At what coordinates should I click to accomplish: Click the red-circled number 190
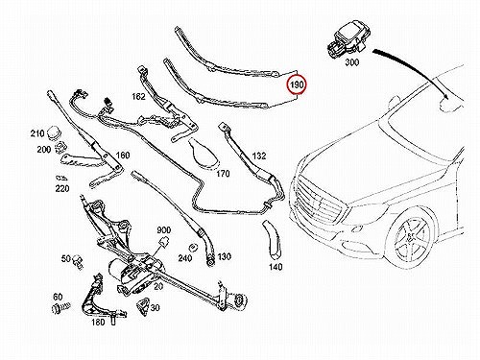tap(297, 84)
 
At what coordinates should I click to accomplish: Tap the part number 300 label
tap(351, 62)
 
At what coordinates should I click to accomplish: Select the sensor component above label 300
tap(347, 41)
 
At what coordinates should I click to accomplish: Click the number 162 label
tap(138, 96)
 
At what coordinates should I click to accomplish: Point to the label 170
tap(223, 174)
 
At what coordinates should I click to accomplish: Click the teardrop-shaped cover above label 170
tap(203, 152)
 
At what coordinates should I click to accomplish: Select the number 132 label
tap(259, 156)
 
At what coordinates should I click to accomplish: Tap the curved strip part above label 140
tap(273, 239)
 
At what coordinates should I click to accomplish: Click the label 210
tap(37, 133)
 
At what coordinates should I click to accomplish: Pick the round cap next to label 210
tap(54, 132)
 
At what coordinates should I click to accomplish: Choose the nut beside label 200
tap(59, 148)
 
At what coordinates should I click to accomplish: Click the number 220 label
tap(62, 189)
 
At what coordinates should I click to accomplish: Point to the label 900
tap(163, 230)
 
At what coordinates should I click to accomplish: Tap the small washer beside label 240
tap(193, 248)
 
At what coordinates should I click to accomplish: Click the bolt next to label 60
tap(60, 308)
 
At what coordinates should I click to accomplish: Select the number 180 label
tap(98, 322)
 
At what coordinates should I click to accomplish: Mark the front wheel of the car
tap(411, 238)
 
